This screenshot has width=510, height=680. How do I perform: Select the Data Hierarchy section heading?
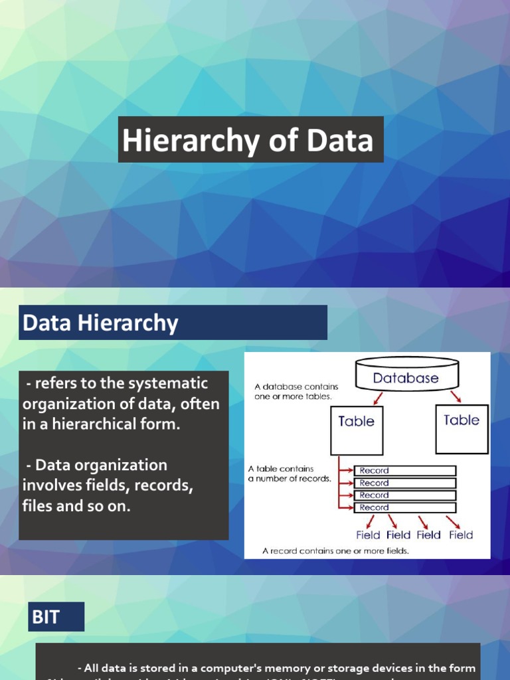tap(100, 323)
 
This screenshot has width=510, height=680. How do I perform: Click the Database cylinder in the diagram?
tap(406, 377)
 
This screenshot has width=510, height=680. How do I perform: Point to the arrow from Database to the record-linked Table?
tap(377, 398)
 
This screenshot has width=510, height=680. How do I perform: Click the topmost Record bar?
tap(404, 471)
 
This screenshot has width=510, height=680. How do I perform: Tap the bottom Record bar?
tap(404, 507)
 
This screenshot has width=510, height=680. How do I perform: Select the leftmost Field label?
tap(368, 535)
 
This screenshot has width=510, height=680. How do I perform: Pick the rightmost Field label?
tap(460, 535)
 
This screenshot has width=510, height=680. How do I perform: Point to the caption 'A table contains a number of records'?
tap(289, 473)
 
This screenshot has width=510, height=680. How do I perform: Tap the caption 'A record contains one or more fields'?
tap(335, 551)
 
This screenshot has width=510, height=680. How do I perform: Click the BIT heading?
tap(46, 617)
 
